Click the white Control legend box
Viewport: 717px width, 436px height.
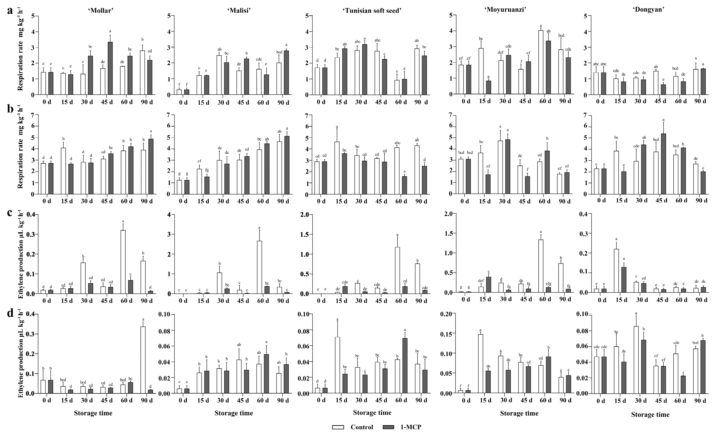[x=338, y=427]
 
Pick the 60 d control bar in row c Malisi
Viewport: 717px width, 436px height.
[x=259, y=267]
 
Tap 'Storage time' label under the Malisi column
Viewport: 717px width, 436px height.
[x=234, y=413]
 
